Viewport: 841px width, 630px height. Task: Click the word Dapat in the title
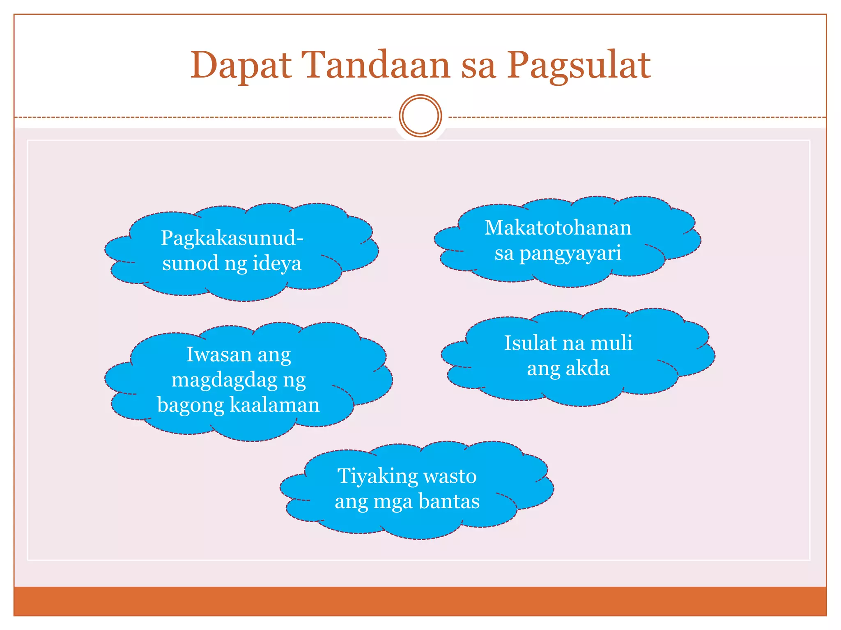click(241, 66)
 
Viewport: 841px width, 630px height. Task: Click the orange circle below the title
click(420, 116)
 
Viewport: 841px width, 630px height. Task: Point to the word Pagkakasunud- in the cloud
click(232, 238)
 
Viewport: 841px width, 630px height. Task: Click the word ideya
click(277, 263)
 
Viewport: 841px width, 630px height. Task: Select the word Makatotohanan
click(558, 228)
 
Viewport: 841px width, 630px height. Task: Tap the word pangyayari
click(570, 253)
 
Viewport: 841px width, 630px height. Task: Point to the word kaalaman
click(274, 405)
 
